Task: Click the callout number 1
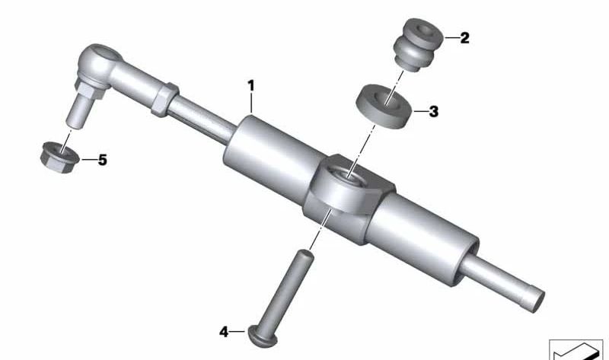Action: coord(250,84)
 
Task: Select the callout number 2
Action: coord(464,37)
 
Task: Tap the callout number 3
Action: coord(433,112)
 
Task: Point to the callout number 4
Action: coord(224,332)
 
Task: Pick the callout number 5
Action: coord(102,161)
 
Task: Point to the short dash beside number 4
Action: coord(239,332)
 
